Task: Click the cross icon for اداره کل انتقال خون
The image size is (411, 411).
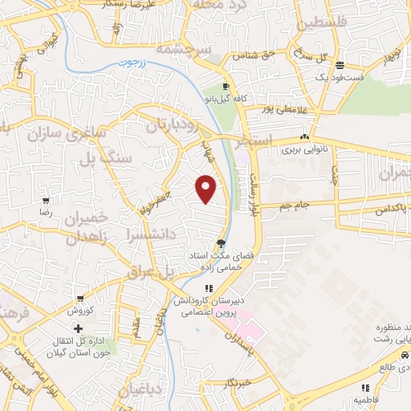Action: click(x=78, y=328)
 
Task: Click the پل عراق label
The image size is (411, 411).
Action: click(x=149, y=272)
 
